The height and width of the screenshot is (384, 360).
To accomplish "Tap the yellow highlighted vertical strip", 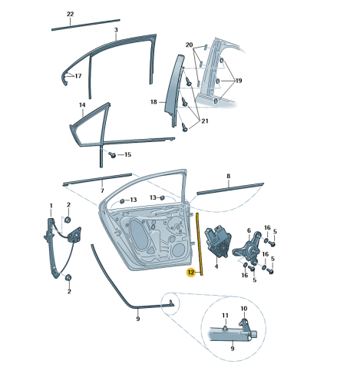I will (x=200, y=243).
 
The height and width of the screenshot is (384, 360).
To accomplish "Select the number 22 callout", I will (x=70, y=15).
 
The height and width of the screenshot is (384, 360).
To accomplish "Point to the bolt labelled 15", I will (x=112, y=154).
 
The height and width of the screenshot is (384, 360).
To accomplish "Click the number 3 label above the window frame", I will (x=116, y=30).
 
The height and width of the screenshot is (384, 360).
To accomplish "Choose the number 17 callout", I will (x=77, y=75).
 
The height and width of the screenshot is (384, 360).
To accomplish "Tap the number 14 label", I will (x=81, y=104).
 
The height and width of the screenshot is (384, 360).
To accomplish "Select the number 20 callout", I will (x=189, y=45).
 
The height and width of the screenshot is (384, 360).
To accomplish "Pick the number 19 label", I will (x=239, y=80).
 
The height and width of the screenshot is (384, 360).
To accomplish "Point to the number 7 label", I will (x=101, y=189).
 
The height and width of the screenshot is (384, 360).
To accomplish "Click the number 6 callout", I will (x=248, y=230).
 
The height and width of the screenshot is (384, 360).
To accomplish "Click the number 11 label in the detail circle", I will (x=226, y=316).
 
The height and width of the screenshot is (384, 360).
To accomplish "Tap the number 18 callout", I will (x=154, y=101).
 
